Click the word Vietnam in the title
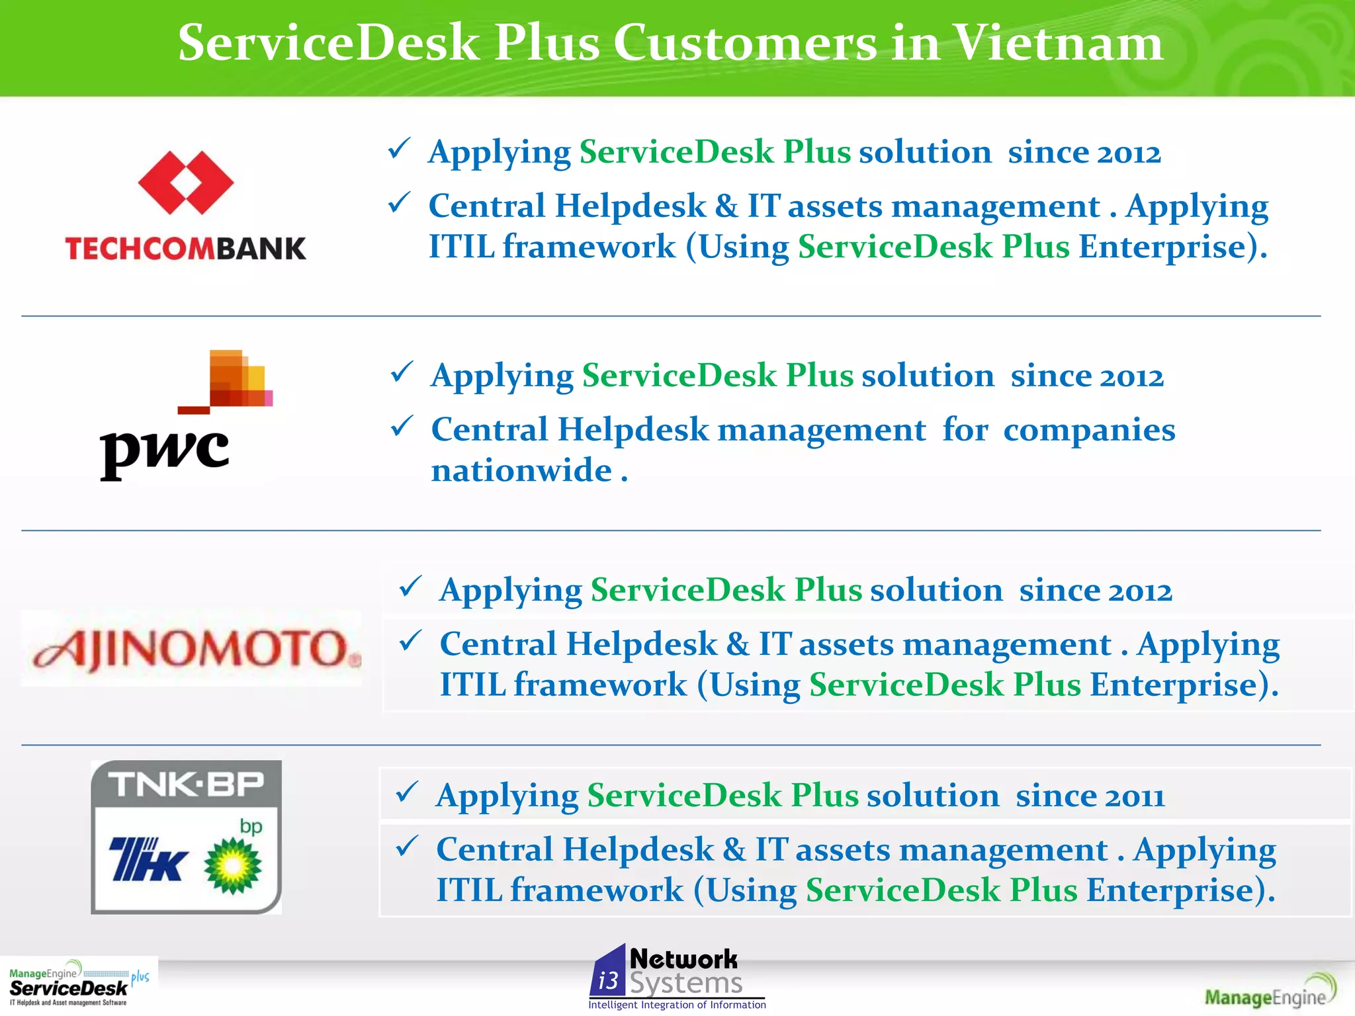[1058, 43]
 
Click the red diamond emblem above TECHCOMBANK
[186, 183]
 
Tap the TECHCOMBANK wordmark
[186, 249]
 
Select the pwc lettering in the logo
[164, 452]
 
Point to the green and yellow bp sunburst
[232, 866]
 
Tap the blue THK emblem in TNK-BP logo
[148, 859]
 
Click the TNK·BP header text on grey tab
[186, 784]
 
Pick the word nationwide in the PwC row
[521, 471]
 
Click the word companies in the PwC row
[1089, 430]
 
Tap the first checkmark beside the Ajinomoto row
[410, 586]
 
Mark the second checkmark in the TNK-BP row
[406, 846]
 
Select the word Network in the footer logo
[683, 959]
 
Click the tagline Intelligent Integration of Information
[677, 1005]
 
